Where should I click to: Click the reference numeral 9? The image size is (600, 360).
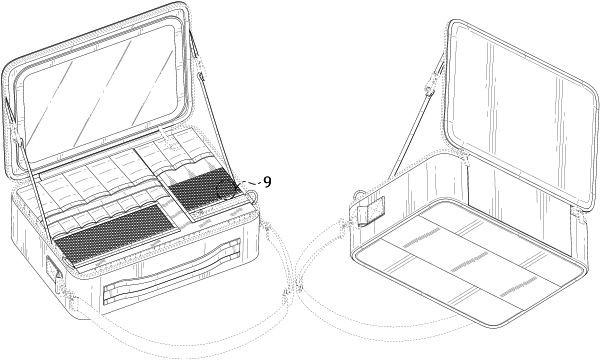(x=267, y=182)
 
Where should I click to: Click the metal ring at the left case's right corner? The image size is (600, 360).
(x=254, y=195)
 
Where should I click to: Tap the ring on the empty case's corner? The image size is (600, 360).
(x=358, y=195)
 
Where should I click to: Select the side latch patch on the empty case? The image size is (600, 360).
(x=371, y=212)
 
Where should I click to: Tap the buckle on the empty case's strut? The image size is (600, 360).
(x=429, y=86)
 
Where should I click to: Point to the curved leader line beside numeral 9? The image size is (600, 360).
(x=247, y=186)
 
